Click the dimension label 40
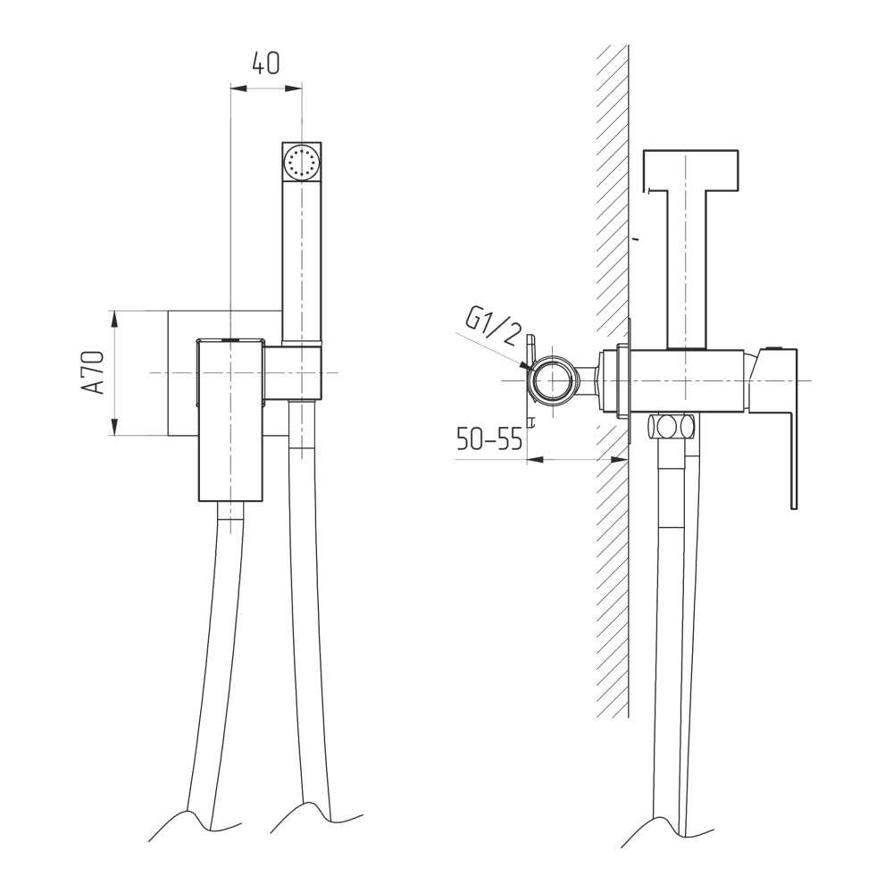tap(266, 63)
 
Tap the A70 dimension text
tap(93, 372)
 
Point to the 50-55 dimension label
tap(489, 439)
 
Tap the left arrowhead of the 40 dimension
tap(238, 88)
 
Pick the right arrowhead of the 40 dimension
tap(293, 88)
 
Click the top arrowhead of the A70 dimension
tap(114, 319)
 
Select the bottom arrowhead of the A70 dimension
tap(114, 427)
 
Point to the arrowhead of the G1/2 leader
tap(526, 365)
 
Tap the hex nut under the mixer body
tap(672, 427)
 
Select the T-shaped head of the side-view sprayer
tap(690, 171)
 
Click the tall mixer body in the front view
tap(230, 421)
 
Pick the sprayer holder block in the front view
tap(293, 372)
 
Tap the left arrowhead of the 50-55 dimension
tap(536, 459)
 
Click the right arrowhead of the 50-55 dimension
tap(621, 459)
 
